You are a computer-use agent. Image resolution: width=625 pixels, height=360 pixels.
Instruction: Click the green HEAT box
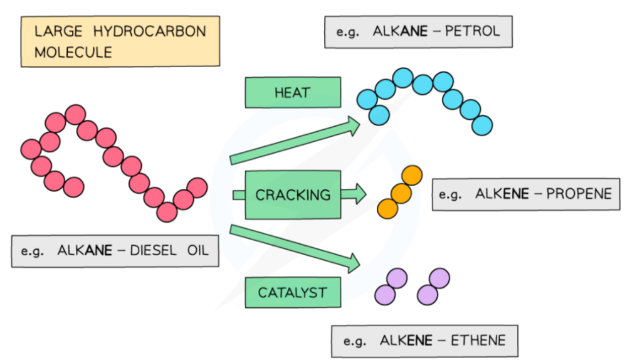coord(292,92)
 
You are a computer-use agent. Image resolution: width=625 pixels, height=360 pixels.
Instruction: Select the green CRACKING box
coord(292,194)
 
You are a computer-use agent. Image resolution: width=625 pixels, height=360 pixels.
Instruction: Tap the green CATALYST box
coord(292,292)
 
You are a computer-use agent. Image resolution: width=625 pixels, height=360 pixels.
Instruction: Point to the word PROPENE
coord(578,193)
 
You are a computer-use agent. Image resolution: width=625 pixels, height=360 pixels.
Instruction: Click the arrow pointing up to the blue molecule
coord(295,142)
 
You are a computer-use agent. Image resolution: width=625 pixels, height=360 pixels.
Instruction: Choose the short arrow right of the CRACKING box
coord(354,194)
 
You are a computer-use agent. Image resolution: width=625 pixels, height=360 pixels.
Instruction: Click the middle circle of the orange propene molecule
coord(401,193)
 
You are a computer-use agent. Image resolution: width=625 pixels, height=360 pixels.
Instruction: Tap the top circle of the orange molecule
coord(412,176)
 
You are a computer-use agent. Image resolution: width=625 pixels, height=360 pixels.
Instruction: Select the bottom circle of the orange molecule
coord(387,208)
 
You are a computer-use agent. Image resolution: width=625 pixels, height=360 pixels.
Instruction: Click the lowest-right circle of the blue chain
coord(482,125)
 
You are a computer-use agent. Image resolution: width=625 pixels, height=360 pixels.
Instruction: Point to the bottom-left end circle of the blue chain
coord(379,115)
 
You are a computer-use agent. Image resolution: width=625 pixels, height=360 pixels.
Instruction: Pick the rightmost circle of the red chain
coord(197,187)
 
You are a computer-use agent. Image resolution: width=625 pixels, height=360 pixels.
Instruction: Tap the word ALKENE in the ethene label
coord(406,341)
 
